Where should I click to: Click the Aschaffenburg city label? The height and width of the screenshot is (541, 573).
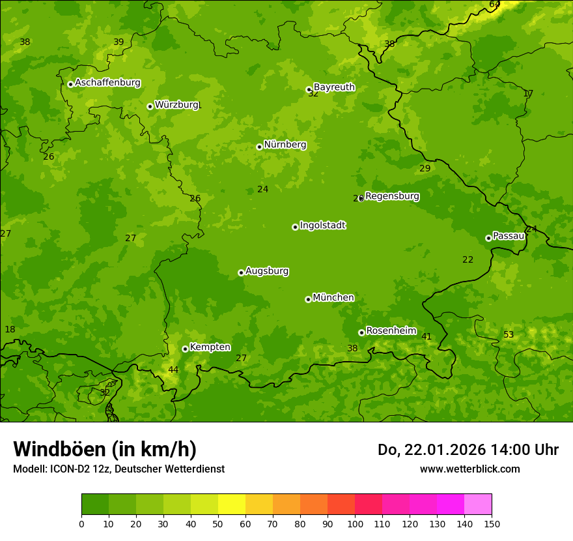(x=107, y=83)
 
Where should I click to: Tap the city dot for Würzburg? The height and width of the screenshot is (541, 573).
(x=150, y=106)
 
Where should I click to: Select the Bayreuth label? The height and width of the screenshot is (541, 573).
(x=334, y=87)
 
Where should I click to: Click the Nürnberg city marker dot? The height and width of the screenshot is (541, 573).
(x=259, y=147)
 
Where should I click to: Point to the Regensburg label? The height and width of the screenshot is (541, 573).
(x=392, y=196)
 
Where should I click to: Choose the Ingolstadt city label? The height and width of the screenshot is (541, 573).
(x=322, y=226)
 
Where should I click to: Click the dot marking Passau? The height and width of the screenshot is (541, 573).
(x=488, y=238)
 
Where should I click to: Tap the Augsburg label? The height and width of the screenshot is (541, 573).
(x=267, y=271)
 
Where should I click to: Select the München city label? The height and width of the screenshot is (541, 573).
(x=333, y=298)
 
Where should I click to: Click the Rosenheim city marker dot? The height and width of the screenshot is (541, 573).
(x=361, y=332)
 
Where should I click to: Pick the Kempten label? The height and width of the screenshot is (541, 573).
(x=210, y=347)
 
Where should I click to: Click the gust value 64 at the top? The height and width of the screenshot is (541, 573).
(x=495, y=5)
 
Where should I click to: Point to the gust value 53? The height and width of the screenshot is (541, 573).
(x=509, y=335)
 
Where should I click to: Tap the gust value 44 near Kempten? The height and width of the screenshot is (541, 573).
(x=173, y=370)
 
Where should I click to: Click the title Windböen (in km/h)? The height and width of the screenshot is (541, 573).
(x=105, y=449)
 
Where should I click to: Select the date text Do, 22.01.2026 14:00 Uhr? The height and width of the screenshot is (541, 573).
(x=468, y=450)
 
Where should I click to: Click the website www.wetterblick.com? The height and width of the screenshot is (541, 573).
(x=469, y=469)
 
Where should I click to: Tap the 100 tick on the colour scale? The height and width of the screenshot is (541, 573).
(x=355, y=523)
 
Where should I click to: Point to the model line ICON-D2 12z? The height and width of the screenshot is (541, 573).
(x=119, y=469)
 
